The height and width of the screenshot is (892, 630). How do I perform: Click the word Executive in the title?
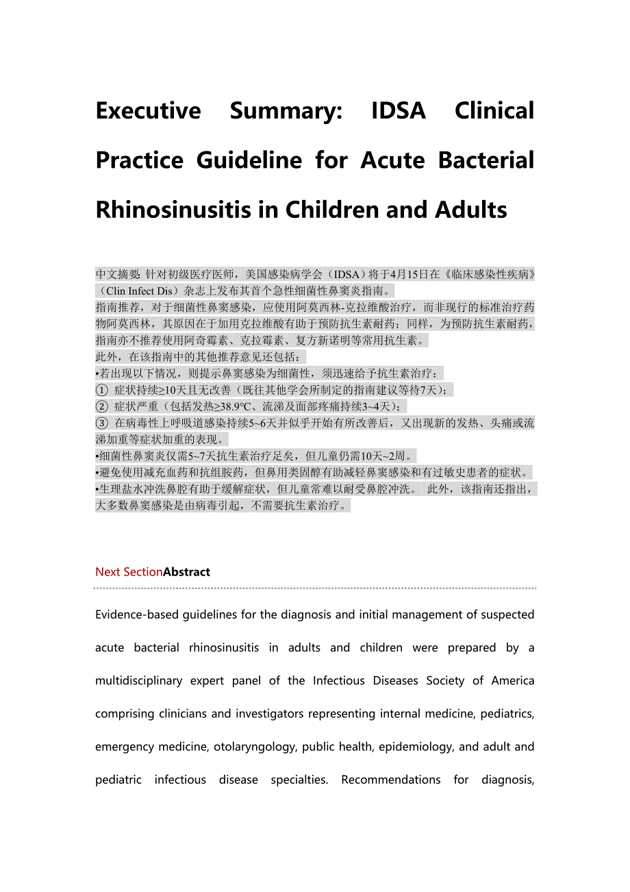149,110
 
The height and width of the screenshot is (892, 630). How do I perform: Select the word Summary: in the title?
286,110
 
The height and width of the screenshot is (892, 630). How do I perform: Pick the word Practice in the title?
140,160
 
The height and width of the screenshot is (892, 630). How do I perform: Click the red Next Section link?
129,572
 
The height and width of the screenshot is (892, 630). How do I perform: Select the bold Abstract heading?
186,572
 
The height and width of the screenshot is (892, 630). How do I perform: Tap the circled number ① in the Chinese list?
101,391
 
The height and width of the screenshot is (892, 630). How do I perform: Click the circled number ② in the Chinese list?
101,407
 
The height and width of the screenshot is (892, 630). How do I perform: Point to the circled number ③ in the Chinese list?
101,423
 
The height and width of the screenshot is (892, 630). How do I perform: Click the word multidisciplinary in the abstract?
138,680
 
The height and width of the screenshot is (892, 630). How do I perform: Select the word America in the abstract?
513,680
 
